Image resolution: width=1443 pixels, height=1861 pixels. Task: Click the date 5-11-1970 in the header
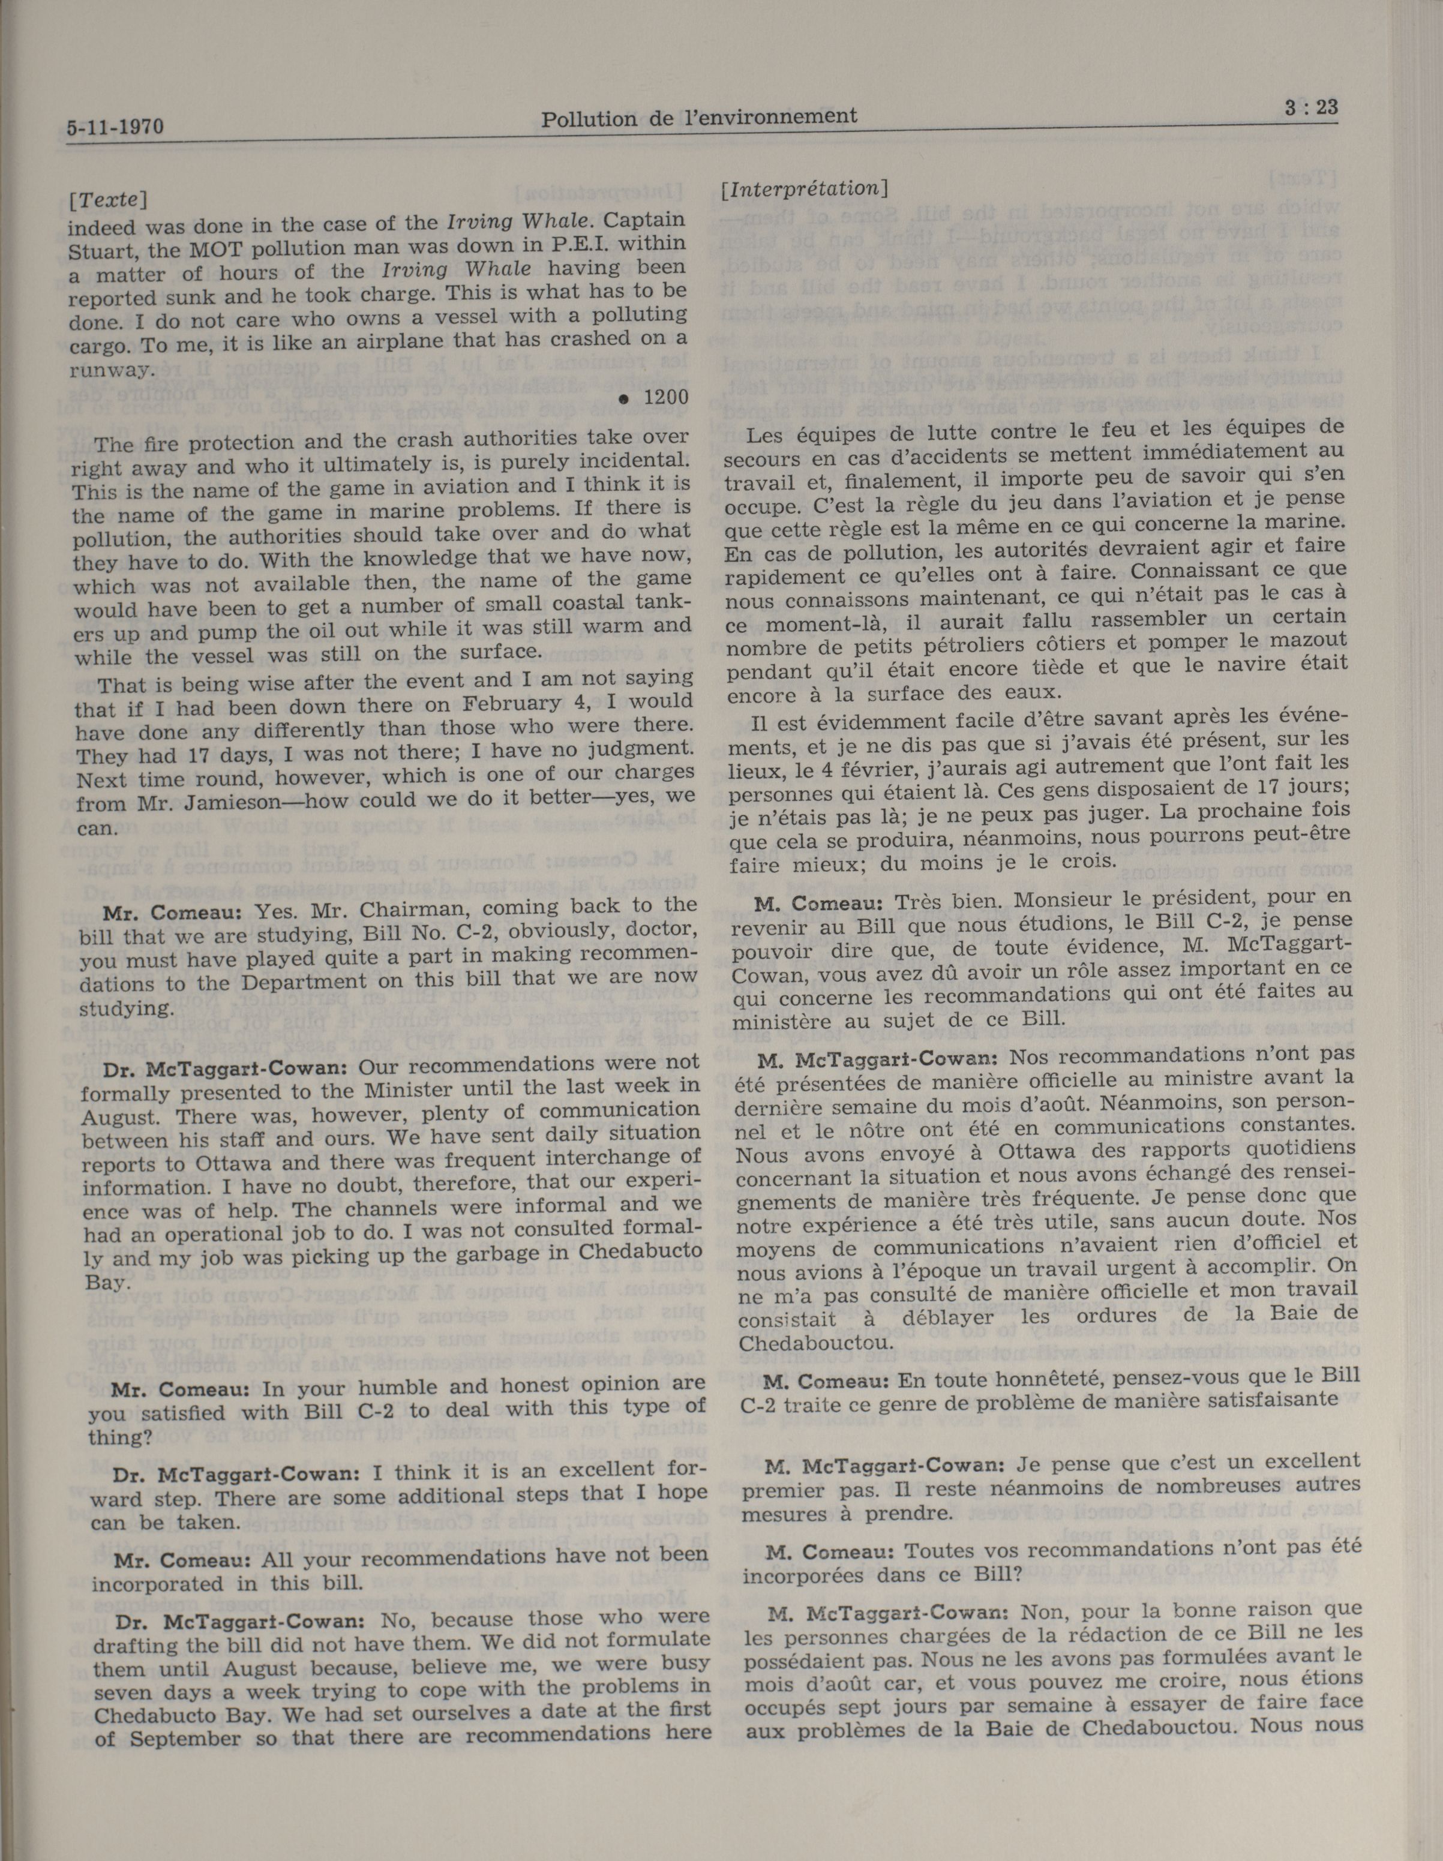coord(114,128)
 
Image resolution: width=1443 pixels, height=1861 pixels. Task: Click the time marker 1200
coord(665,397)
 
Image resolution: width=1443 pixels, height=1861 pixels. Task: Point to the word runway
coord(112,370)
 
